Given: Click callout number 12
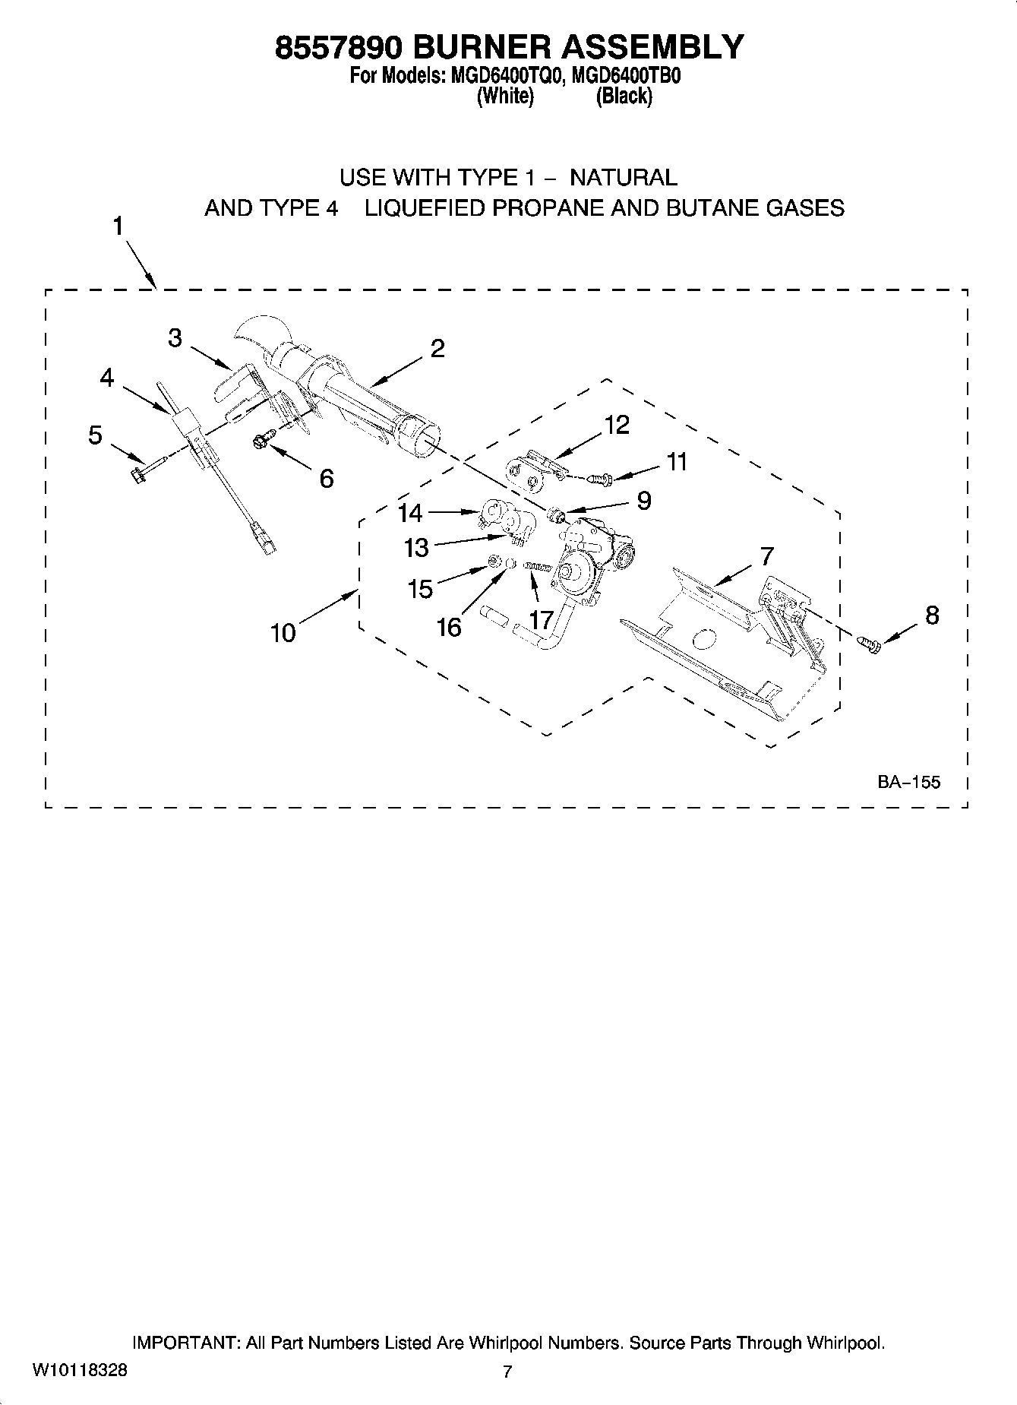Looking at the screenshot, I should pyautogui.click(x=617, y=425).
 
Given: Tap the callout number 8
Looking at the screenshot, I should pyautogui.click(x=932, y=615).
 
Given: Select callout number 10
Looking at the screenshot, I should pyautogui.click(x=283, y=633).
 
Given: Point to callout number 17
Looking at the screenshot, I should pyautogui.click(x=541, y=620).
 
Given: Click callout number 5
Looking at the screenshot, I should pyautogui.click(x=95, y=435).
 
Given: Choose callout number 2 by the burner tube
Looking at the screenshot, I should pyautogui.click(x=437, y=349).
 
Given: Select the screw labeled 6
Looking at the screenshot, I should pyautogui.click(x=261, y=439).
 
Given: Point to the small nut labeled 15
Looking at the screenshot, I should pyautogui.click(x=493, y=562).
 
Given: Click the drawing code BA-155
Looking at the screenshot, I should pyautogui.click(x=909, y=782).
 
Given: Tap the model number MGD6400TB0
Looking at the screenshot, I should pyautogui.click(x=623, y=77).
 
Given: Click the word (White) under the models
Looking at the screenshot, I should pyautogui.click(x=505, y=97).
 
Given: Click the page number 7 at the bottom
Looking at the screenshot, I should pyautogui.click(x=507, y=1371).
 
